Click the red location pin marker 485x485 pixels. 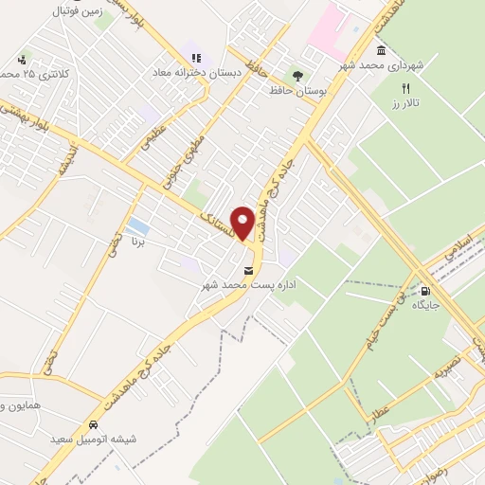tap(243, 223)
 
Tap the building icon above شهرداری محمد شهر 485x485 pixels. tap(380, 50)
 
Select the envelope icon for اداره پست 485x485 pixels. tap(249, 269)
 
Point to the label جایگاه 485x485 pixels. tap(424, 307)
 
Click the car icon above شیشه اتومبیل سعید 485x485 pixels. tap(95, 424)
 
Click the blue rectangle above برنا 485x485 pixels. tap(138, 226)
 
